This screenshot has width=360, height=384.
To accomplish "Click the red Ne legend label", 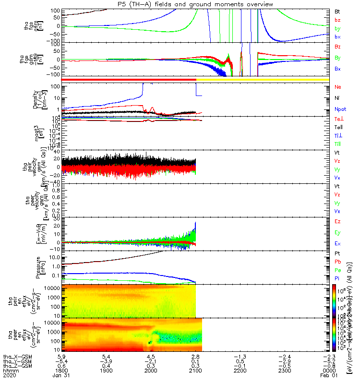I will click(337, 87).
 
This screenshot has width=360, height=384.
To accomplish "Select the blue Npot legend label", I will click(339, 108).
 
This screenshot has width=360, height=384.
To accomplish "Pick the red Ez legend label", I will click(337, 221).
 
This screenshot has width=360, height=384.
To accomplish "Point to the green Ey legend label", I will click(337, 232).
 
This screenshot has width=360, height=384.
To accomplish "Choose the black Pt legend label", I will click(337, 252).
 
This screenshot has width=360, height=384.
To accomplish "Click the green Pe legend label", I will click(337, 270).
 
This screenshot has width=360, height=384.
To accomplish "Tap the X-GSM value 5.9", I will click(61, 357).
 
